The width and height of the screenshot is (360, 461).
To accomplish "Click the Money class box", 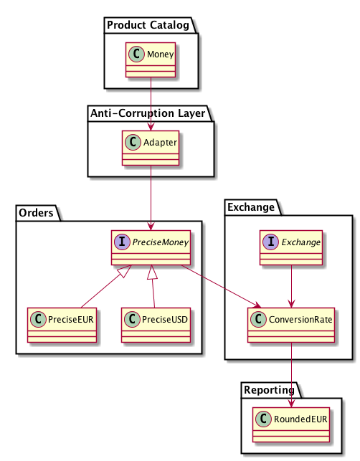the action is [x=151, y=60].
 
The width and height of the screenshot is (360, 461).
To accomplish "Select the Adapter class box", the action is [x=151, y=148].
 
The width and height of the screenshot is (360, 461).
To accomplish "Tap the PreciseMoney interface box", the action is [x=151, y=247].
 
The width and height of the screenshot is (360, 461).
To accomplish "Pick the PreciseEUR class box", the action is [x=62, y=325].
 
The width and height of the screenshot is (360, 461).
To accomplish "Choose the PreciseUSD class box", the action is [x=156, y=325].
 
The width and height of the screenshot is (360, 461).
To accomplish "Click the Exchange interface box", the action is [x=291, y=247].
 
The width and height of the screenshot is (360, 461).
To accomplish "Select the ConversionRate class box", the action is [x=291, y=325].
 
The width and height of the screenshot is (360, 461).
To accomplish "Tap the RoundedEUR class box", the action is [x=291, y=424].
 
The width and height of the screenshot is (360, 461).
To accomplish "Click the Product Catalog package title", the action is [x=148, y=25].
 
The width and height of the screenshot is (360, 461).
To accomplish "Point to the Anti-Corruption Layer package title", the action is [x=148, y=113].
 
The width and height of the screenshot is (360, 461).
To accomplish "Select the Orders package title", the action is [x=36, y=213].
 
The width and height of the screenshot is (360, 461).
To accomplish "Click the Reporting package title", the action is [x=269, y=390].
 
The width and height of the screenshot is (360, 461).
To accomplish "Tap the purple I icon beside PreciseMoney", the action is [x=122, y=242].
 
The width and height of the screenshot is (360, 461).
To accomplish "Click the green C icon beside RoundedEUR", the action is [x=263, y=419].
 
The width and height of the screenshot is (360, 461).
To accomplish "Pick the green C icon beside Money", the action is [x=136, y=54].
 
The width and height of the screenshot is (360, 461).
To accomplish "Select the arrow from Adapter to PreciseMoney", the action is [x=151, y=198].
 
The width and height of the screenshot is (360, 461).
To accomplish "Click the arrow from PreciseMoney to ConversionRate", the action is [x=221, y=286].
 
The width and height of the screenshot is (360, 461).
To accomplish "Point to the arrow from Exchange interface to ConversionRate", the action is [x=291, y=286].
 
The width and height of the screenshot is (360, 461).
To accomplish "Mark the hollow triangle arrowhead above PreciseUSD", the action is [x=152, y=272].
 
